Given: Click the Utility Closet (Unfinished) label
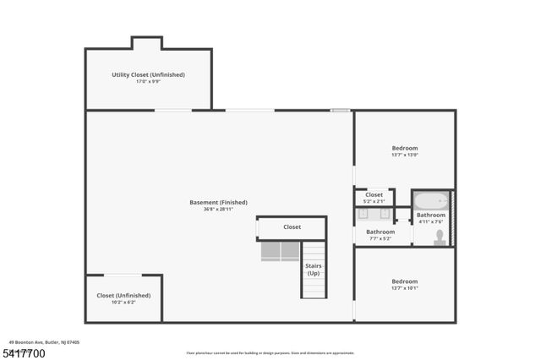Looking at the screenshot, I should coord(148,74).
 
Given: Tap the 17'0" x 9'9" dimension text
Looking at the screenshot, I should coord(148,81).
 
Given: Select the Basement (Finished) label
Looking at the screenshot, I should coord(218,202).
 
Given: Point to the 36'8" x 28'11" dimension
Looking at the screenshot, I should coord(218,209).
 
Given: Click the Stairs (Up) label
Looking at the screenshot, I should coord(313,270).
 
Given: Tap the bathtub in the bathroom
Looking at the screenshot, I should coord(431,202).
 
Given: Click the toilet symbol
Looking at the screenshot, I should coord(440,237).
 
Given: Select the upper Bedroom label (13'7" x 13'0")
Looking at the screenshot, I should coord(404,148).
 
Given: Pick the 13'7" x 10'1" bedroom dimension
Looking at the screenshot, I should coord(404,288).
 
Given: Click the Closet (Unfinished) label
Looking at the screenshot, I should coord(123,295).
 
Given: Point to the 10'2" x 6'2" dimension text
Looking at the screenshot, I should coord(123,302).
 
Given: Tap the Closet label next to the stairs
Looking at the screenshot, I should coord(292,227).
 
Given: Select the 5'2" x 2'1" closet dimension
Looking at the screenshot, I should coord(374,201).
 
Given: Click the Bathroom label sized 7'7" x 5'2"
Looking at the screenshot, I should coord(380,232).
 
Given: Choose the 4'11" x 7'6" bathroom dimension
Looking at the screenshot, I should coord(431,222).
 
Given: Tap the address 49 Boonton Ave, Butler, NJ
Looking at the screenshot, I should coord(44,341).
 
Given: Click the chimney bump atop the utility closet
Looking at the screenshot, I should coord(146,43).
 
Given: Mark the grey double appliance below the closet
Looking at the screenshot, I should coord(280,251).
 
